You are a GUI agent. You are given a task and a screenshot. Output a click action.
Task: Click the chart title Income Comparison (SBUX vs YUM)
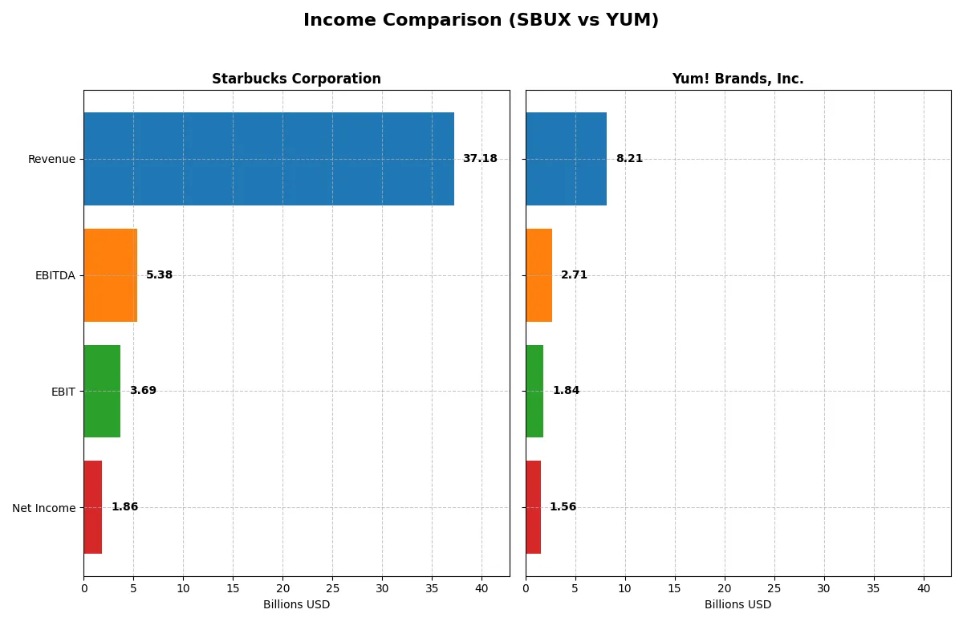coord(481,21)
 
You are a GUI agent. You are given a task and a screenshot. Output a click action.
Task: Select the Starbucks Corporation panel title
coord(296,79)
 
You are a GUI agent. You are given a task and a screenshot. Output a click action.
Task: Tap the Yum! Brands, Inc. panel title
coord(737,79)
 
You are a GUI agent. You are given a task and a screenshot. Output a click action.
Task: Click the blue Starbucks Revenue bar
coord(269,159)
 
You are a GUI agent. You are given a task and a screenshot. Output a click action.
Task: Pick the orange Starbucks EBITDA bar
coord(111,275)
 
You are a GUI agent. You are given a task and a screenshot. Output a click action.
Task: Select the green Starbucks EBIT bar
coord(102,391)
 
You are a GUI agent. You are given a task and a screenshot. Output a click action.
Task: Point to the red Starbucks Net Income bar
coord(93,507)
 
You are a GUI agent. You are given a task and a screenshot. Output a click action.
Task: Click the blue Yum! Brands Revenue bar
coord(566,159)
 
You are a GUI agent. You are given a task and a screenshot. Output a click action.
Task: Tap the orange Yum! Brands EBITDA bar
coord(539,275)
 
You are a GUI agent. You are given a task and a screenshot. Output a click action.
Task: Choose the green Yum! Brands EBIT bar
coord(534,391)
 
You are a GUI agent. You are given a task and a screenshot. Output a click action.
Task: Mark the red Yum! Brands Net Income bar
coord(534,507)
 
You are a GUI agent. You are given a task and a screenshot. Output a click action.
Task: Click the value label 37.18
coord(480,159)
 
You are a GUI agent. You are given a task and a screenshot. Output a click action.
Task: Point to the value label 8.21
coord(629,159)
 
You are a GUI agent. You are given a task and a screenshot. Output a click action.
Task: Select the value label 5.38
coord(159,275)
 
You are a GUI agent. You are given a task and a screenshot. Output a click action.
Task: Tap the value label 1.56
coord(563,507)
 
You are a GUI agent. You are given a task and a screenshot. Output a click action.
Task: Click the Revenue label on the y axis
coord(51,160)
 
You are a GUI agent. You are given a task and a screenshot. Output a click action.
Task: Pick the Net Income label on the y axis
coord(44,508)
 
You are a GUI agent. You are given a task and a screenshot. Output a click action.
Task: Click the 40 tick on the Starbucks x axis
coord(481,588)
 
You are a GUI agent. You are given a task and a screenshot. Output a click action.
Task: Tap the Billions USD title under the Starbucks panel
coord(296,605)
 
